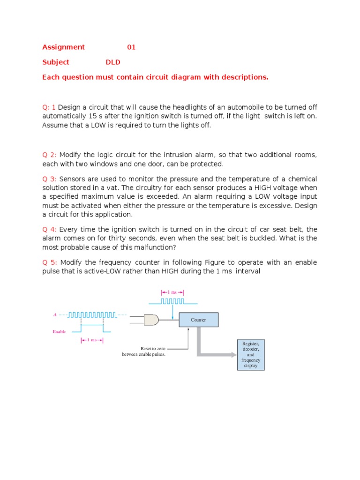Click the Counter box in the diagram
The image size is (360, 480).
coord(198,320)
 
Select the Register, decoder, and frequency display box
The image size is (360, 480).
coord(250,354)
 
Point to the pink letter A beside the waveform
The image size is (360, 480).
coord(55,315)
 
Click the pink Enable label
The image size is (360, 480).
coord(59,331)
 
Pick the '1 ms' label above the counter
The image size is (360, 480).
coord(172,292)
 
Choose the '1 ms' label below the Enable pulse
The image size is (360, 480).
coord(92,340)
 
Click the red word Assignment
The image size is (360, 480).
coord(63,47)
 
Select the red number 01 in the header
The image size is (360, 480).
coord(131,47)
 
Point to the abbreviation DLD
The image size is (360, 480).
coord(113,62)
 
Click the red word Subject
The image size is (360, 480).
coord(56,62)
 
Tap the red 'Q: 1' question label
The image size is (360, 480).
coord(49,107)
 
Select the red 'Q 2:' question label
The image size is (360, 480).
coord(50,155)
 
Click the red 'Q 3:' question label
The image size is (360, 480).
coord(50,179)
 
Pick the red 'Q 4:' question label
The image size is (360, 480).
coord(50,229)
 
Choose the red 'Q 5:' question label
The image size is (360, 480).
coord(50,262)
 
